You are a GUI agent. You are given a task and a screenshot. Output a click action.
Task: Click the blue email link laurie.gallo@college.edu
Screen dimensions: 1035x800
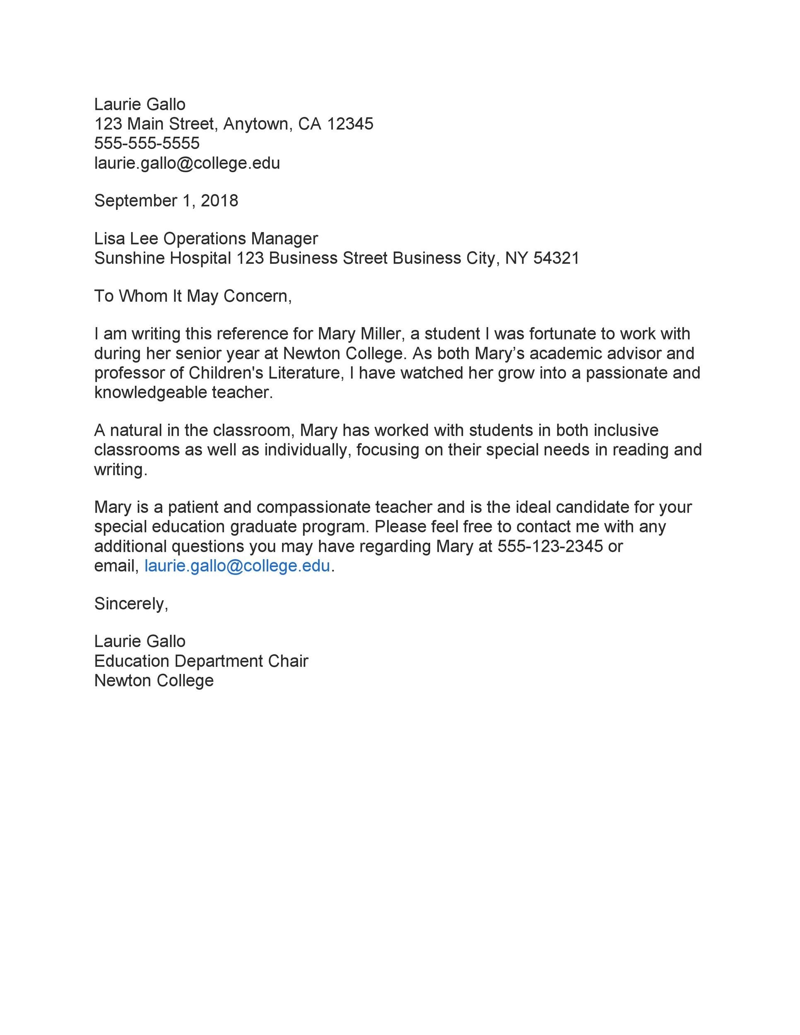pos(237,566)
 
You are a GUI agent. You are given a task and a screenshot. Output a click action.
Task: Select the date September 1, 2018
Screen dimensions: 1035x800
pos(166,200)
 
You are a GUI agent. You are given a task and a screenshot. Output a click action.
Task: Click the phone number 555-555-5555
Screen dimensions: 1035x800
pos(147,143)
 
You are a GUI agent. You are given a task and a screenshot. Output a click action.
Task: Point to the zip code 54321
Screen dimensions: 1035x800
pos(556,258)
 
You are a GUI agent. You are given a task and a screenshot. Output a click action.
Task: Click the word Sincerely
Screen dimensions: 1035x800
pos(130,603)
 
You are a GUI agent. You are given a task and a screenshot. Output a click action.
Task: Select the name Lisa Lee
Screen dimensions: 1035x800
pos(125,238)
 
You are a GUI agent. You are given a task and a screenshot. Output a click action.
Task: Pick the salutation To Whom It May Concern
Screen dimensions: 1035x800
pos(192,296)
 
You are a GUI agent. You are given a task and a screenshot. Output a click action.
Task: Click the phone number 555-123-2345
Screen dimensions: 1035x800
pos(550,546)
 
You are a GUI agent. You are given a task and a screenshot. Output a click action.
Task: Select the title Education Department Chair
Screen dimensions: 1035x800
pos(201,661)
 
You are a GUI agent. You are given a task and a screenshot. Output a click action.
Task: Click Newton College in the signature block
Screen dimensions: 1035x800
pos(154,681)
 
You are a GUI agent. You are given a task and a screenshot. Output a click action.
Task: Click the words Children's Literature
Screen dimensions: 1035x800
pos(265,373)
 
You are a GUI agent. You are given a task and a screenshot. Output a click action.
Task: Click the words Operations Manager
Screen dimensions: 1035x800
pos(240,238)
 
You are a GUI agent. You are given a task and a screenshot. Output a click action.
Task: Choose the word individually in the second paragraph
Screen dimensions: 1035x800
pos(308,449)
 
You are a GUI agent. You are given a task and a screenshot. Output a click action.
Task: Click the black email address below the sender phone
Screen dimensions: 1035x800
pos(187,163)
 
